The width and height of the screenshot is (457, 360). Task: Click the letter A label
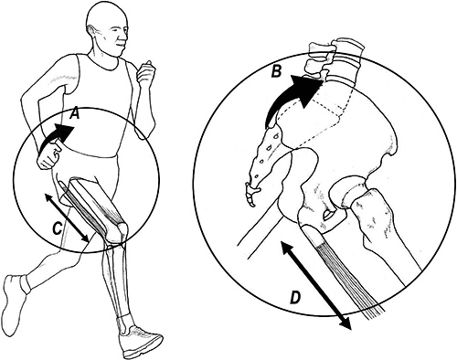click(75, 113)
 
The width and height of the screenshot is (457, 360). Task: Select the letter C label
click(58, 228)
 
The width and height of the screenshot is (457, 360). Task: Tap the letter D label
click(295, 298)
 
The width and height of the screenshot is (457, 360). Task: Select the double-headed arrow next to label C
click(67, 217)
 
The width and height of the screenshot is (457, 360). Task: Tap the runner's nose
click(123, 38)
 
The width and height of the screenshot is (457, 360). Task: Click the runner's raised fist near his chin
click(146, 72)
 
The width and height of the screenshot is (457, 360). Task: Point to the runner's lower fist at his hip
click(48, 158)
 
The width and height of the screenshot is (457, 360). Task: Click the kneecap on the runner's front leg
click(122, 230)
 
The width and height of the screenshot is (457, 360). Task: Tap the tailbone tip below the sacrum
click(251, 196)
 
